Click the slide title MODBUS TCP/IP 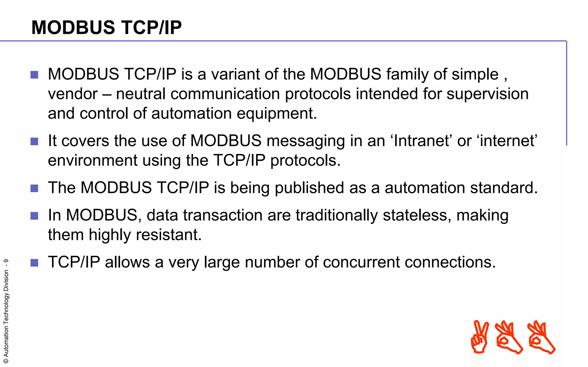pyautogui.click(x=107, y=28)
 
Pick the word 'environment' pyautogui.click(x=92, y=160)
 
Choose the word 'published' pyautogui.click(x=309, y=188)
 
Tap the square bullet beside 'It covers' pyautogui.click(x=34, y=141)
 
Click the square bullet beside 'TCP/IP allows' pyautogui.click(x=34, y=263)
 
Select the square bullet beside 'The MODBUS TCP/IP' pyautogui.click(x=34, y=188)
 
